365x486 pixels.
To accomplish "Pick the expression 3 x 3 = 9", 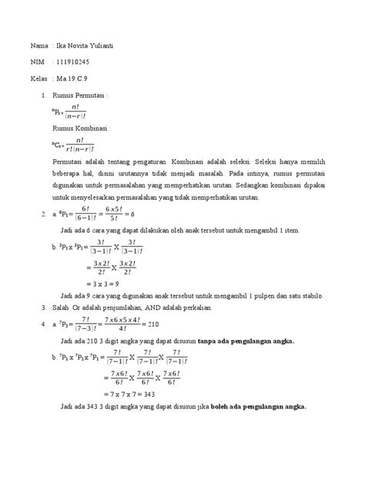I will [99, 281].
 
